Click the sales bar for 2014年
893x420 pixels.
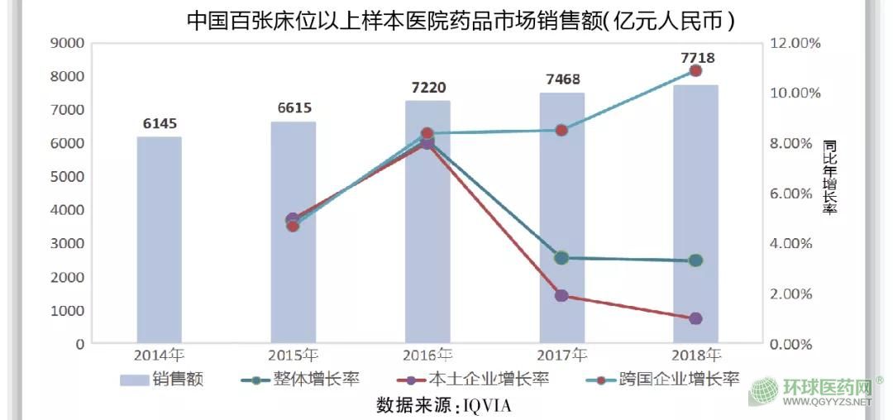[x=159, y=240]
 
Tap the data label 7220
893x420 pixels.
[x=427, y=87]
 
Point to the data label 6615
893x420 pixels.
[x=294, y=108]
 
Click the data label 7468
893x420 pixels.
[x=562, y=79]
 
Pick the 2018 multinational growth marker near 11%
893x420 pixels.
[x=695, y=71]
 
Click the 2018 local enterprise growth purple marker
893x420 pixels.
[x=695, y=318]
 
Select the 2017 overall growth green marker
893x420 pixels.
[x=561, y=258]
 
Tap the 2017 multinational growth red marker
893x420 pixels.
[x=561, y=130]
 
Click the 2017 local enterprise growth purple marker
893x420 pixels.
[x=561, y=295]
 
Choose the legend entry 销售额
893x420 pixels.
[x=162, y=380]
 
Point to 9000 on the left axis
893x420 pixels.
[x=65, y=43]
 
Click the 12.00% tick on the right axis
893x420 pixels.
[x=795, y=43]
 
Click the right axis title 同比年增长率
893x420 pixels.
[x=829, y=177]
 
